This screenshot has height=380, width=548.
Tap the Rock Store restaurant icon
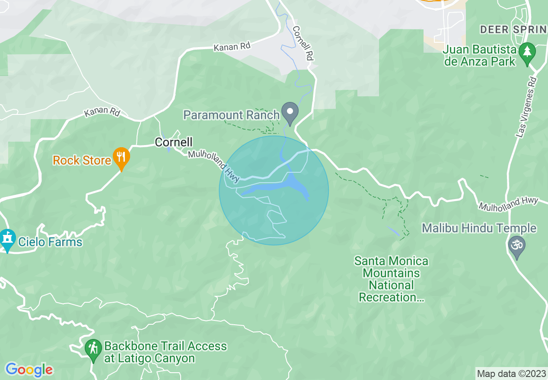click(x=121, y=158)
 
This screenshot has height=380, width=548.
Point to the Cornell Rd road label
click(x=303, y=43)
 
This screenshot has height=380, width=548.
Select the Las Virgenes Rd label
click(x=526, y=108)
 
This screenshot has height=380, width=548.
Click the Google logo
click(x=29, y=370)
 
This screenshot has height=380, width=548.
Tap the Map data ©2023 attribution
click(x=511, y=373)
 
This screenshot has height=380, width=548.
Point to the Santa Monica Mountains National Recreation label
click(x=391, y=279)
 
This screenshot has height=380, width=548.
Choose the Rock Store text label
click(x=82, y=161)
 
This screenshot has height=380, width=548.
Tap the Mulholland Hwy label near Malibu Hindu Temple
click(x=508, y=204)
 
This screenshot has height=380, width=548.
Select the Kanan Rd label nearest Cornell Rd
click(x=232, y=46)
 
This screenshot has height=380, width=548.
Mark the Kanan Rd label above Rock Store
click(x=102, y=112)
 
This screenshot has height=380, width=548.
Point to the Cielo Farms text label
click(x=50, y=242)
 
